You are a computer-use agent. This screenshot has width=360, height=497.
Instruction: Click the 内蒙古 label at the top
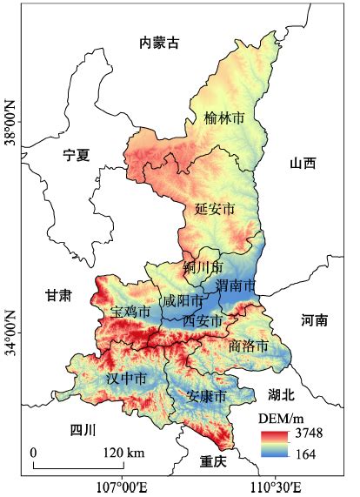(159, 41)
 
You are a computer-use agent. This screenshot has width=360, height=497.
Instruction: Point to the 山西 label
(303, 163)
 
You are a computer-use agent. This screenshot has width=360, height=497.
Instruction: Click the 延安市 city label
(215, 209)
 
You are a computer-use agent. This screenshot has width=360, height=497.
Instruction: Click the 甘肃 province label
(59, 296)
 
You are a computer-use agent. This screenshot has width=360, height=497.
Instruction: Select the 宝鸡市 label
(130, 311)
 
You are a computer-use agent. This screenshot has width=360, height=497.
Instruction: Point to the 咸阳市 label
(183, 301)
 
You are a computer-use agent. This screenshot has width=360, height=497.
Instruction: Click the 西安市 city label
(202, 320)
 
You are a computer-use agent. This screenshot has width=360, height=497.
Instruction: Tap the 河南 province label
(315, 319)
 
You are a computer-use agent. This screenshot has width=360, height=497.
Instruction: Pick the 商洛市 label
(249, 346)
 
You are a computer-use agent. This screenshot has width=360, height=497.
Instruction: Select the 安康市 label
(207, 396)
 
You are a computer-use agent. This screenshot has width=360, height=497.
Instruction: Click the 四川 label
(83, 430)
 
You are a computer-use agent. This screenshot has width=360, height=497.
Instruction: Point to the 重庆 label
(212, 460)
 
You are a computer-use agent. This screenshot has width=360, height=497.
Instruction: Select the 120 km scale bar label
(123, 453)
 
